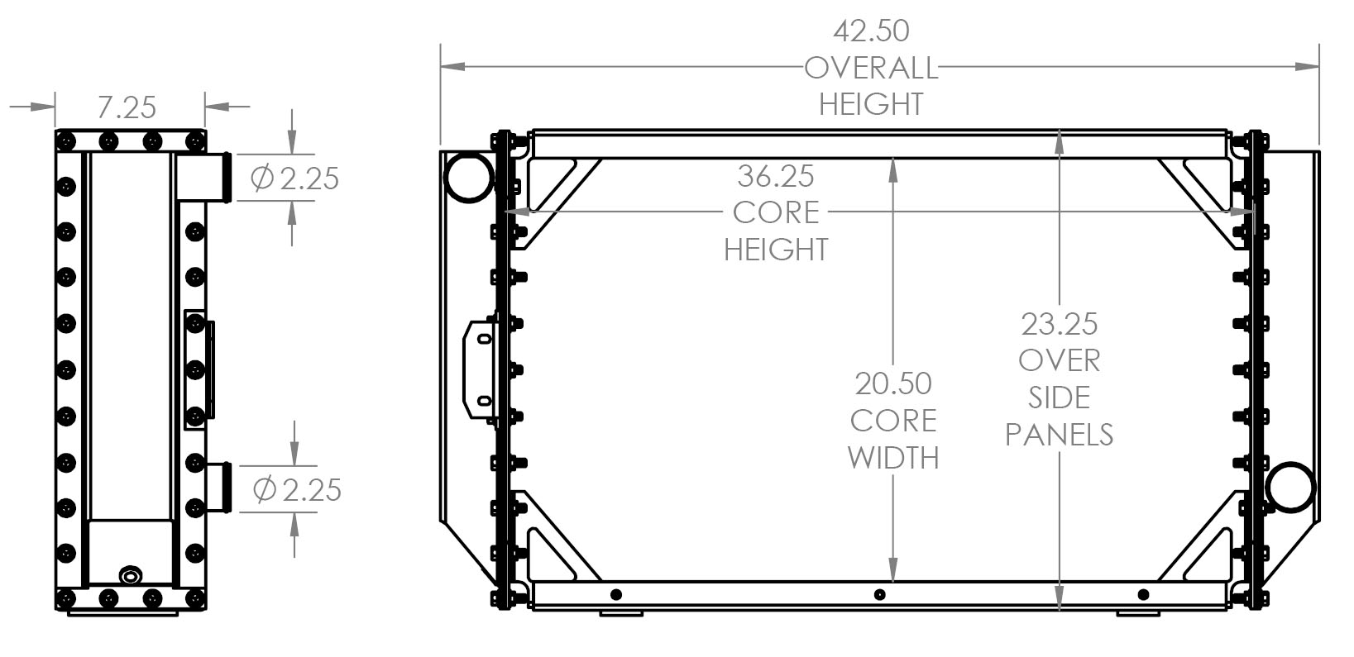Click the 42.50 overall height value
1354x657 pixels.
pyautogui.click(x=870, y=31)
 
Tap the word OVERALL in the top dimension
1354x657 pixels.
pyautogui.click(x=870, y=68)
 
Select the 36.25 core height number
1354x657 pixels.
pyautogui.click(x=776, y=176)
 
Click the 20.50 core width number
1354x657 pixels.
pyautogui.click(x=893, y=383)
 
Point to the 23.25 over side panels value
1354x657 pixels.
pyautogui.click(x=1059, y=324)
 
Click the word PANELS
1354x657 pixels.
pyautogui.click(x=1059, y=435)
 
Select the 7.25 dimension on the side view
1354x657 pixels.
pyautogui.click(x=127, y=107)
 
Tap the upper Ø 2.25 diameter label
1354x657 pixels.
pyautogui.click(x=294, y=178)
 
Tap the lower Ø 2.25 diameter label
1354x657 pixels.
pyautogui.click(x=297, y=490)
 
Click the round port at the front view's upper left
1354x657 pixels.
pyautogui.click(x=468, y=176)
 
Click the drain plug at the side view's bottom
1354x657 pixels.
pyautogui.click(x=131, y=575)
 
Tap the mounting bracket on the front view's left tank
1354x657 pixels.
pyautogui.click(x=481, y=369)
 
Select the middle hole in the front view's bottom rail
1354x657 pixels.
pyautogui.click(x=879, y=594)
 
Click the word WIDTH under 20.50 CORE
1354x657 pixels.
pyautogui.click(x=893, y=458)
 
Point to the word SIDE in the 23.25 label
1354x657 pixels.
pyautogui.click(x=1059, y=398)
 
